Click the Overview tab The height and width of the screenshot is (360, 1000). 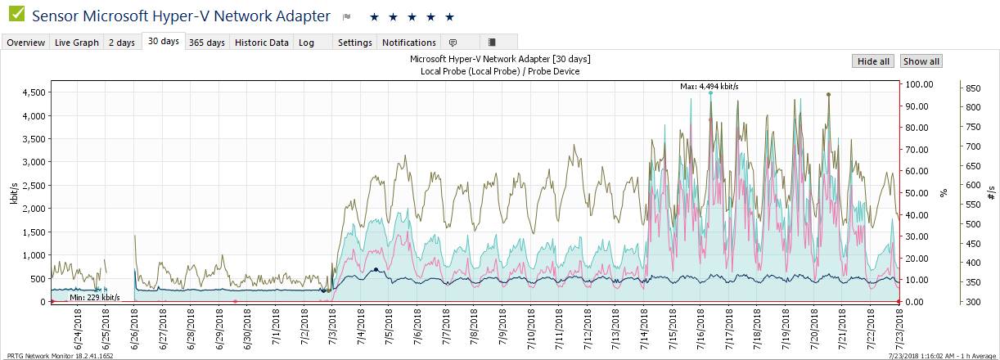click(x=26, y=43)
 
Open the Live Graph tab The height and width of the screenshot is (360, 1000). click(x=77, y=43)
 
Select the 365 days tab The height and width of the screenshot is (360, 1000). click(x=206, y=43)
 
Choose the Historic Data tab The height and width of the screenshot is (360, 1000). click(x=262, y=43)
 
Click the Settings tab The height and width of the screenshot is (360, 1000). click(x=354, y=43)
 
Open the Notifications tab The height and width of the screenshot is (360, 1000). click(x=409, y=43)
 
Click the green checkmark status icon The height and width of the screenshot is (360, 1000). click(x=16, y=16)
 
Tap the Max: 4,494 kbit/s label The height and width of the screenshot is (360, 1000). click(x=709, y=86)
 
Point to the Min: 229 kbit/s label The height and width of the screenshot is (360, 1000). click(x=94, y=298)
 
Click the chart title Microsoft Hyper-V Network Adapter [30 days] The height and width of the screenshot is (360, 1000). click(x=499, y=60)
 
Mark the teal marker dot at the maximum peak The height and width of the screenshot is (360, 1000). click(x=710, y=93)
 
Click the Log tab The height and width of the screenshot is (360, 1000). click(x=306, y=43)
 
